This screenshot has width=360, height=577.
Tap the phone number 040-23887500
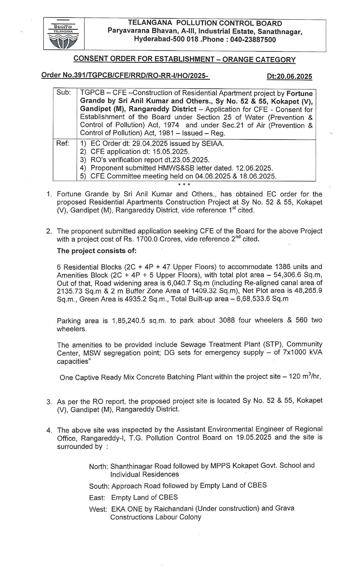tap(253, 40)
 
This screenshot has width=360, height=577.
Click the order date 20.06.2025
tap(295, 77)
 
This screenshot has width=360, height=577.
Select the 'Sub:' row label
tap(64, 93)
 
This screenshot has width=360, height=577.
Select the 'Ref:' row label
tap(63, 143)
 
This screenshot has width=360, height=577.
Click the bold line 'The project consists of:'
tap(97, 251)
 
